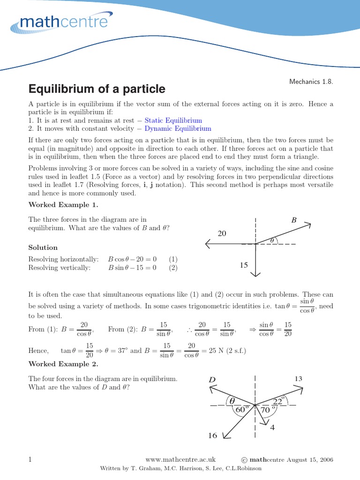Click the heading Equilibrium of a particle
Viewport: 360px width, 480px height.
coord(97,89)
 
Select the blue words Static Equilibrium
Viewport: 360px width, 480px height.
coord(173,120)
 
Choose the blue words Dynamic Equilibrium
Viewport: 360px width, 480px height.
coord(178,128)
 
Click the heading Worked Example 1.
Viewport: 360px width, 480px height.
coord(63,205)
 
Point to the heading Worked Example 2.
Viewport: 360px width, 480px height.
coord(63,364)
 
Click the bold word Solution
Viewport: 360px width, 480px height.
coord(43,247)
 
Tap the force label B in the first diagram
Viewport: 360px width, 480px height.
coord(294,219)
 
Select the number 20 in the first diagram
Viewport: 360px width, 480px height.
coord(222,233)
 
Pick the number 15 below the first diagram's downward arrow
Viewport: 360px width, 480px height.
coord(243,265)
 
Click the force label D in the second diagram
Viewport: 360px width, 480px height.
coord(212,379)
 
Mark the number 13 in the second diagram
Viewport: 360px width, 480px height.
coord(299,378)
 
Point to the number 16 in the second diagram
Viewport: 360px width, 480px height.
coord(212,435)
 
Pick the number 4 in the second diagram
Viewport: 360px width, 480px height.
coord(272,427)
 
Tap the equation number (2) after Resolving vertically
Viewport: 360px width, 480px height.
coord(173,268)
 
